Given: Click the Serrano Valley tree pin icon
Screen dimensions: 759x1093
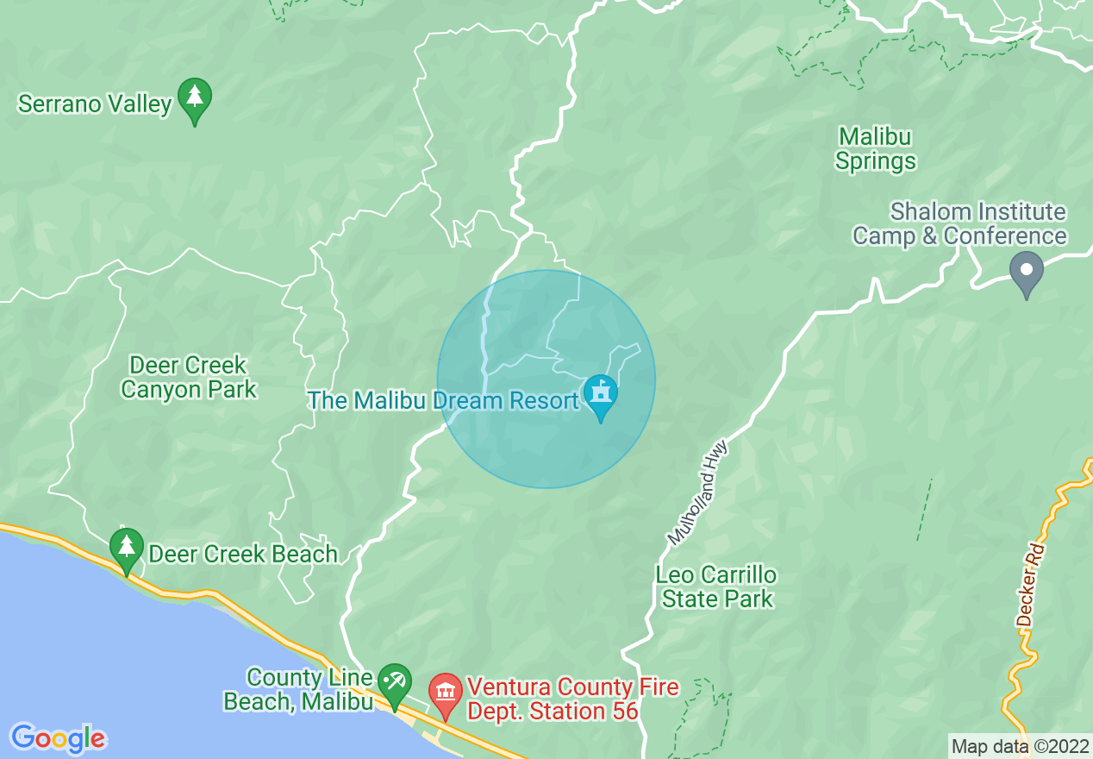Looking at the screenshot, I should point(195,100).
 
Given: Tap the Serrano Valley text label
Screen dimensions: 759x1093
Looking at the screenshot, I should point(95,104).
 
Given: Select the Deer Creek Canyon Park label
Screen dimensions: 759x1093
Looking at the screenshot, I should point(189,377).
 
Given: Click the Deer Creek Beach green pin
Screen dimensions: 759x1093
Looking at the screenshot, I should point(127,549).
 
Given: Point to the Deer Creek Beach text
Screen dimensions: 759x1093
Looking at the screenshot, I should point(243,554).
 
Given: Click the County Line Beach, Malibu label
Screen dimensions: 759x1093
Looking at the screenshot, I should point(298,689).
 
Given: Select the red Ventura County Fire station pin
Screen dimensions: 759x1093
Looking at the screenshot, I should point(446,694).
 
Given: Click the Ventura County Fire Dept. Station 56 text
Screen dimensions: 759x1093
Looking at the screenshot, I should point(572,699).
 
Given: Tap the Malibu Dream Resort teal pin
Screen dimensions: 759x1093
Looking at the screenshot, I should point(601,396).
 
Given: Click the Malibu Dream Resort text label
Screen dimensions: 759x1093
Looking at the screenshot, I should point(444,401).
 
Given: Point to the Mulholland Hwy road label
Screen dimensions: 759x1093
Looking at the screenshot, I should point(698,492).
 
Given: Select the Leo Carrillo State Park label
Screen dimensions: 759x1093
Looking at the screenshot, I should point(716,586).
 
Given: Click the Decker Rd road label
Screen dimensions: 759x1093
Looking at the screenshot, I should point(1030,585).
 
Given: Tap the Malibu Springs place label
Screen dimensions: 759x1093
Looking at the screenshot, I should point(875,148).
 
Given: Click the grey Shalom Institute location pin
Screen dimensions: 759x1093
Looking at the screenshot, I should point(1026,272).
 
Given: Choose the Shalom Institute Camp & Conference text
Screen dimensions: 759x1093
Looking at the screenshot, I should point(959,223).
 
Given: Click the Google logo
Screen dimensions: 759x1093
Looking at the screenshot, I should point(58,738).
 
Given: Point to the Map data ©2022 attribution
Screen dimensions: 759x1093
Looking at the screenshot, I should point(1020,746).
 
